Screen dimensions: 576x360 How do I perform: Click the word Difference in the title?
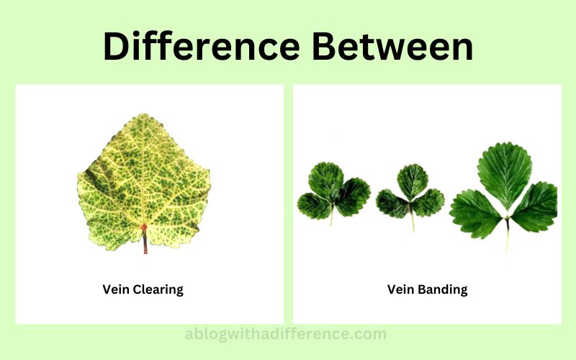(x=202, y=46)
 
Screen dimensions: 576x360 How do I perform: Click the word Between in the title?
(x=392, y=46)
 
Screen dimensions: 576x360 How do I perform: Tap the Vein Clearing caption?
(x=143, y=289)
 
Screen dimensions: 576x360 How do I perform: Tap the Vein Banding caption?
(x=427, y=289)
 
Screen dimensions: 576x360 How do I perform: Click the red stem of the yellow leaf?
(x=145, y=240)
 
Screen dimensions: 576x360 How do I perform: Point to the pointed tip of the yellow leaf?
(x=144, y=114)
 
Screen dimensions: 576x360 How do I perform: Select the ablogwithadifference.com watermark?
(x=285, y=334)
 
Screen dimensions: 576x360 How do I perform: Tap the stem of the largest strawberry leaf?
(x=508, y=235)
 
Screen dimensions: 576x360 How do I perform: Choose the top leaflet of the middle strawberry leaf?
(x=413, y=181)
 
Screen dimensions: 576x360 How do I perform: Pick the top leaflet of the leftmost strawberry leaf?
(x=326, y=180)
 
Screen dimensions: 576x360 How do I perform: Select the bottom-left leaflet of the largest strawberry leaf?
(x=474, y=214)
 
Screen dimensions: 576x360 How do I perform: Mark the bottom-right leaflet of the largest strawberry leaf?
(x=534, y=207)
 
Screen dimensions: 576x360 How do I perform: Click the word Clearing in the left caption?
(x=158, y=289)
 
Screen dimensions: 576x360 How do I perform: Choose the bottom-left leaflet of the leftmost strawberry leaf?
(x=314, y=206)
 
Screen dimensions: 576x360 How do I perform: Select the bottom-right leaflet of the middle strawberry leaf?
(x=428, y=202)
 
